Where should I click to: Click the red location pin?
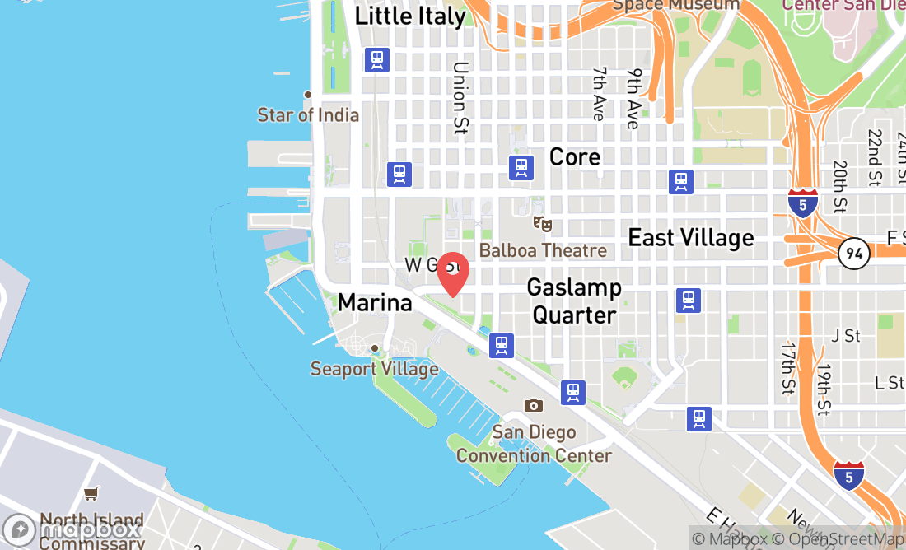click(452, 273)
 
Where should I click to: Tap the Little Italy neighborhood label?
click(410, 16)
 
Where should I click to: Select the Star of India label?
click(308, 114)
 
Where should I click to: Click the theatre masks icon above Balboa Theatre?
click(542, 223)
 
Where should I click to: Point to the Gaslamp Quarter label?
click(574, 301)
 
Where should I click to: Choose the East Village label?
click(691, 238)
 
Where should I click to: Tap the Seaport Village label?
click(374, 368)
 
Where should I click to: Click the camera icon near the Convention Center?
click(534, 405)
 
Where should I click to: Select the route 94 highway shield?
click(854, 254)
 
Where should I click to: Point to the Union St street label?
click(460, 98)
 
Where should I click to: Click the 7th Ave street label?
click(599, 94)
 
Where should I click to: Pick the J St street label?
click(846, 335)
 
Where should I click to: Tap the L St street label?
click(890, 382)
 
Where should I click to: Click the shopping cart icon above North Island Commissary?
click(91, 493)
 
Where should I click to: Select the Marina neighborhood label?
click(375, 303)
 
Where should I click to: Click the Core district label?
click(575, 156)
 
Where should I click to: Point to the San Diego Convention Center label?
click(535, 444)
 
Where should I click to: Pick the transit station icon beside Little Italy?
click(377, 59)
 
